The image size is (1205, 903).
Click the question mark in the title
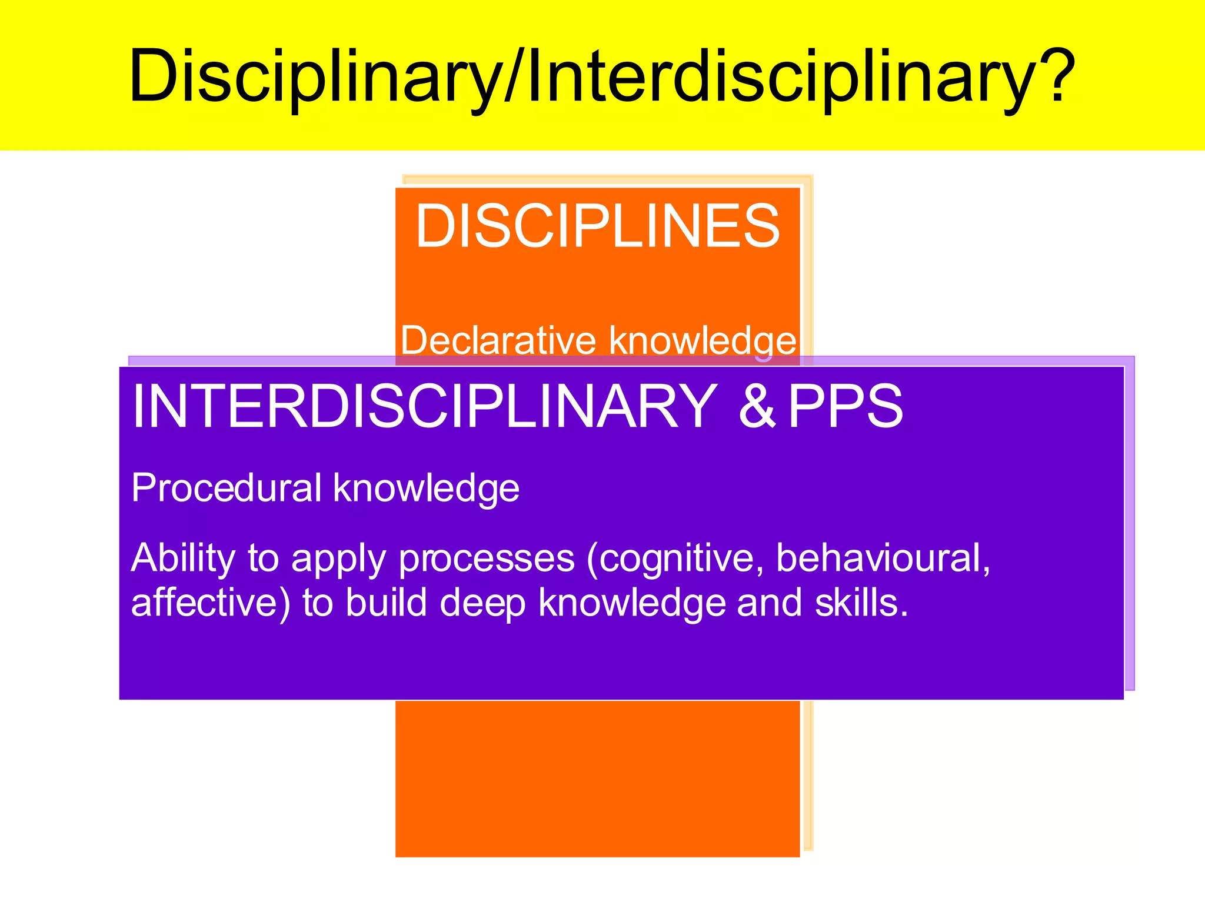(x=1051, y=75)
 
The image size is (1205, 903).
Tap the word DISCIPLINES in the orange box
(x=597, y=226)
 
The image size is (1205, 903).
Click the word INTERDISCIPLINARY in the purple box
(x=424, y=406)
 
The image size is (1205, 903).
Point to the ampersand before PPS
(x=757, y=406)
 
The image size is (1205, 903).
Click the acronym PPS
(x=845, y=406)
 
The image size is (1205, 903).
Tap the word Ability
(x=183, y=558)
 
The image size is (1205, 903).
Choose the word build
(x=386, y=603)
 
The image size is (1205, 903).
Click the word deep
(x=482, y=604)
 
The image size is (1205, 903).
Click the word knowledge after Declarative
(x=703, y=342)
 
